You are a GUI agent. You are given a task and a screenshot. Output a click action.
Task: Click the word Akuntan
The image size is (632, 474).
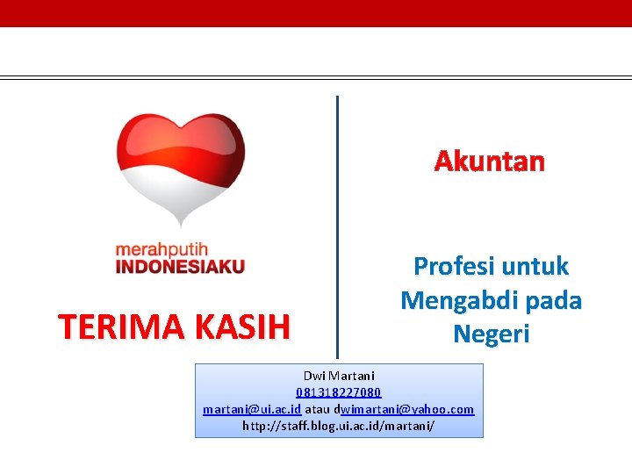[490, 162]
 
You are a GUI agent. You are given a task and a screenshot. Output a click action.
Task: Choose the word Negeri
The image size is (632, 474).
[491, 334]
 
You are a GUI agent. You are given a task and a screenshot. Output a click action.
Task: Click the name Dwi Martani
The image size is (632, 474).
[339, 376]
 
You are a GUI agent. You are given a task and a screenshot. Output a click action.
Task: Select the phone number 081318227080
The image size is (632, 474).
[339, 392]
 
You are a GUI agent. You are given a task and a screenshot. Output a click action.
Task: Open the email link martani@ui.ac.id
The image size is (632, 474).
[252, 409]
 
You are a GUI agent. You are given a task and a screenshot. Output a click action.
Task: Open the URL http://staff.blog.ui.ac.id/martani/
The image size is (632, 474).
[339, 426]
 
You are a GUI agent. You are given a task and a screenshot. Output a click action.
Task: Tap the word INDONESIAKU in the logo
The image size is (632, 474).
[180, 266]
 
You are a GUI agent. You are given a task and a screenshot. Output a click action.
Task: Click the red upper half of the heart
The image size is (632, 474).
[180, 140]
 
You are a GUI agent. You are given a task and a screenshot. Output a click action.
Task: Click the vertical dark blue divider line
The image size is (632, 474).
[337, 219]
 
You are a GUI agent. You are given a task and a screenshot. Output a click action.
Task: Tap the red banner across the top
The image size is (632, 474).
[316, 13]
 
